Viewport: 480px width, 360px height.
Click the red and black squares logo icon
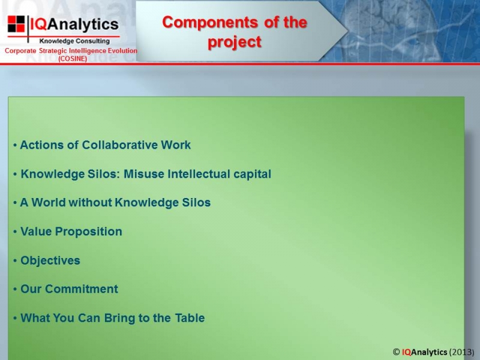coord(16,24)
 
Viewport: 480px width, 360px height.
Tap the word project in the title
coord(235,42)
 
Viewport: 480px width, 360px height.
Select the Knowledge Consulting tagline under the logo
coord(74,41)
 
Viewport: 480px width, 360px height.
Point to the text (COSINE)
coord(73,58)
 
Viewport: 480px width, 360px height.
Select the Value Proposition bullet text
coord(71,232)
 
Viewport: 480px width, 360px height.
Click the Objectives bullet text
coord(50,260)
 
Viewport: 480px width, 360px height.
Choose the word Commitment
coord(82,289)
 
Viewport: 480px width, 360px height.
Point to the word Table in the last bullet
coord(190,318)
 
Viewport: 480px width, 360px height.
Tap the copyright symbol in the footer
coord(396,352)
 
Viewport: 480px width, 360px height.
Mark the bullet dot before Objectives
coord(15,261)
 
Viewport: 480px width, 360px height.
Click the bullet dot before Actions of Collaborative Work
coord(15,145)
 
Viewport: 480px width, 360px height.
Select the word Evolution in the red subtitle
coord(124,50)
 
